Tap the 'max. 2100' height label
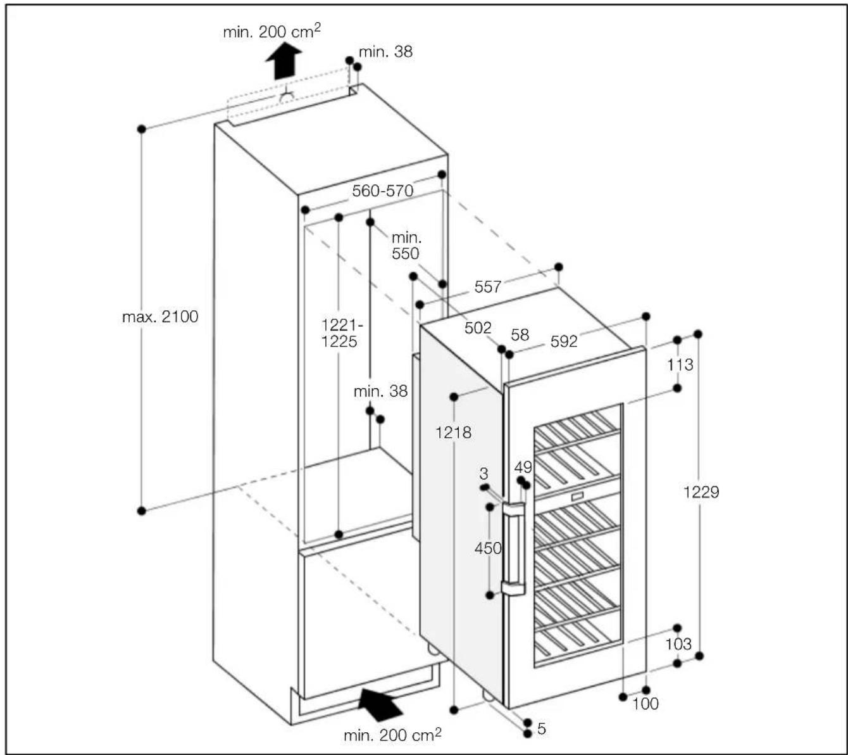point(160,317)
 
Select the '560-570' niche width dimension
point(382,191)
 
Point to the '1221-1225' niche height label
point(340,333)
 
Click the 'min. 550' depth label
point(406,246)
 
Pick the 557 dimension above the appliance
point(487,287)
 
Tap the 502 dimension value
point(477,327)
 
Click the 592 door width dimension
point(563,342)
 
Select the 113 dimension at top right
point(680,365)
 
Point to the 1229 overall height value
point(701,492)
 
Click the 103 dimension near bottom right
point(678,644)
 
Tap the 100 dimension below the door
point(645,704)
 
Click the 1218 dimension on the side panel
point(453,433)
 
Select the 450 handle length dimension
point(488,548)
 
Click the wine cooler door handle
point(514,549)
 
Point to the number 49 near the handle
point(523,467)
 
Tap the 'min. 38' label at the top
point(385,52)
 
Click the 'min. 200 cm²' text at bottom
point(392,735)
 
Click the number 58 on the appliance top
point(520,334)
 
